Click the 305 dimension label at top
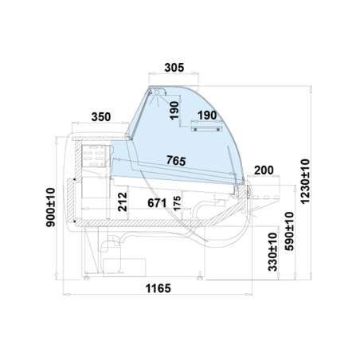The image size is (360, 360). coord(174,68)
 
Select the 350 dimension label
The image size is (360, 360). coord(101,117)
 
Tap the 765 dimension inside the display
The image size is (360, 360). coord(176,160)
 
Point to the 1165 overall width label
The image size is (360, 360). coord(158,288)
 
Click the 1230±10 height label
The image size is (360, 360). coord(305,182)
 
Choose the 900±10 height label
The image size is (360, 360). coord(51,207)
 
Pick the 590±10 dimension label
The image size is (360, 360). coord(289,231)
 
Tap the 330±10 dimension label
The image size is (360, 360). coord(272,252)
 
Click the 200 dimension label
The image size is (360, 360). coord(264,170)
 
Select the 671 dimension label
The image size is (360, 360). coord(157,203)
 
